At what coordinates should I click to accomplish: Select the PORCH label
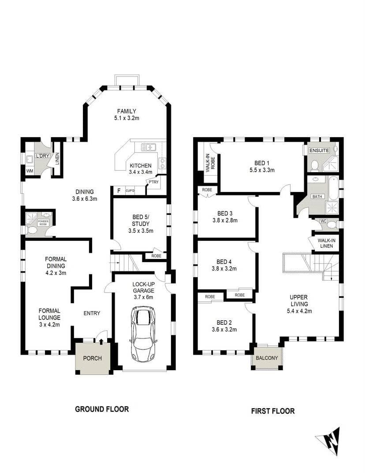point(93,358)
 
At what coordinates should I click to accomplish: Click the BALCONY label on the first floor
point(267,358)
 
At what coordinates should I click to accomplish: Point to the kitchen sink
point(149,147)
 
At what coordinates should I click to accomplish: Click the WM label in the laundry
point(30,170)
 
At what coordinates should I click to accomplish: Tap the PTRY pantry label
point(153,182)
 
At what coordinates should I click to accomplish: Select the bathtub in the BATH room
point(333,187)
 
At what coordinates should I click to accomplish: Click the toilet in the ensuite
point(315,165)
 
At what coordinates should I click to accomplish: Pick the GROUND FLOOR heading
point(102,409)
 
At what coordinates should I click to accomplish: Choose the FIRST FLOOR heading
point(273,411)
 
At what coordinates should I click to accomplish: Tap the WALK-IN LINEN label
point(326,243)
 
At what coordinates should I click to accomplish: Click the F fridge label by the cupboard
point(118,191)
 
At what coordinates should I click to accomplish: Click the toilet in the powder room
point(32,230)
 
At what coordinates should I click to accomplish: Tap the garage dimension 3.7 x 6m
point(143,297)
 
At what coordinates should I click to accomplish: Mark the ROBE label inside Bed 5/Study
point(156,255)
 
